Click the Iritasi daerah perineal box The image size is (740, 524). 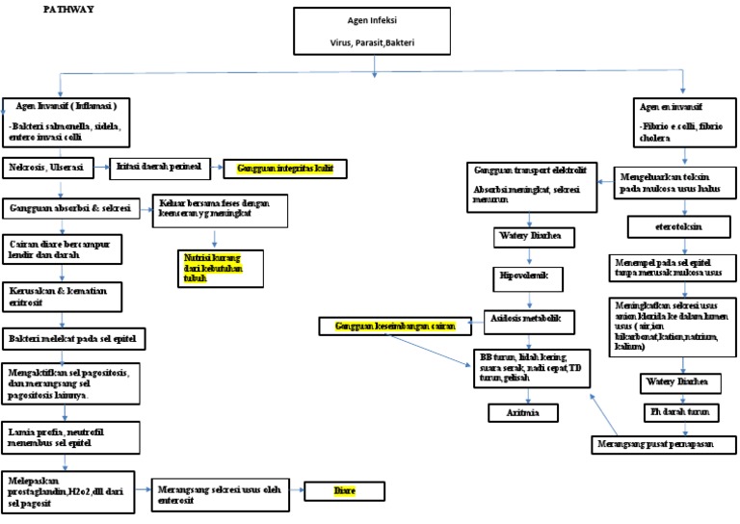tap(158, 167)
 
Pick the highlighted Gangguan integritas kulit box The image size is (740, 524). tap(284, 169)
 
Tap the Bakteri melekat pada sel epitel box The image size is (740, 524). tap(75, 339)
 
